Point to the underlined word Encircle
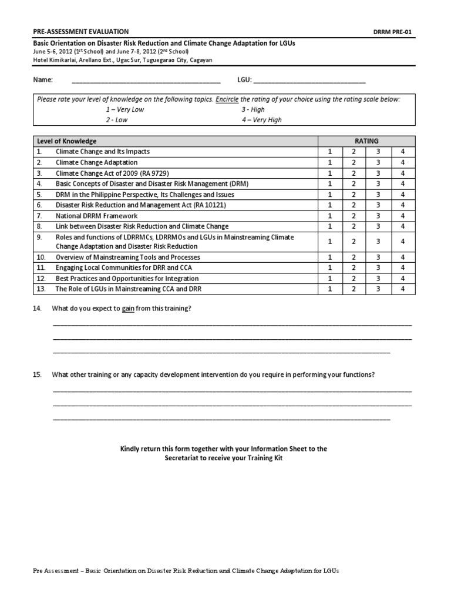227,100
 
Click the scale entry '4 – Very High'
261,120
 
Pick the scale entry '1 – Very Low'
125,110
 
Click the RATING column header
366,141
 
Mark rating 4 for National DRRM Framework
403,216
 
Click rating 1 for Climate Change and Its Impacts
330,152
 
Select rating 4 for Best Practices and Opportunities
403,279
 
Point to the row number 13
40,289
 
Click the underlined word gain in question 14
128,309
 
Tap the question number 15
38,375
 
